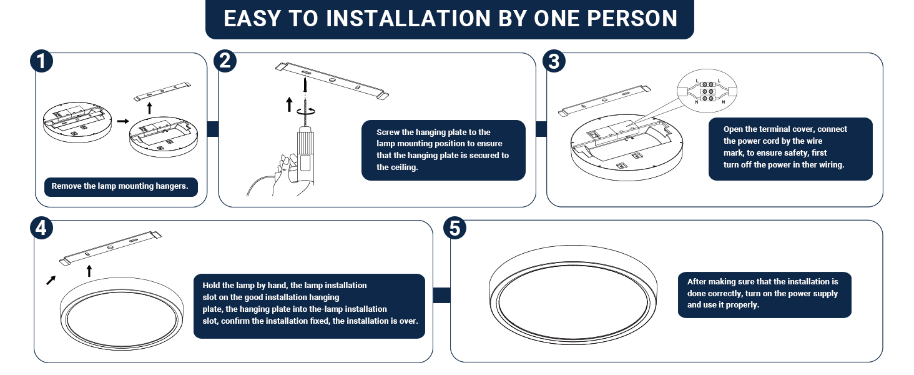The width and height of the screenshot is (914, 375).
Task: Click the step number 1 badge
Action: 41,62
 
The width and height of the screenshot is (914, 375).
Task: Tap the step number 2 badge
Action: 225,61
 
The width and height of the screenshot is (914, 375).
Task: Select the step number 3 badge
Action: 554,62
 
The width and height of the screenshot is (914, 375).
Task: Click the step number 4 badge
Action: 41,229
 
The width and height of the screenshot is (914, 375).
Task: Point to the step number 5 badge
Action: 455,229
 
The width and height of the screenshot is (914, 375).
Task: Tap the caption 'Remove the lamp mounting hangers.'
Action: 120,186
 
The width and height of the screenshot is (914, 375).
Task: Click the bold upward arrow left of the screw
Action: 289,104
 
